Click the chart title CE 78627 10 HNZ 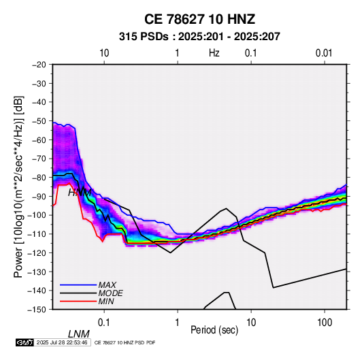(x=199, y=19)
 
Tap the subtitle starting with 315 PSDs (x=199, y=37)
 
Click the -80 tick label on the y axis (x=39, y=178)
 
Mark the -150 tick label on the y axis (x=37, y=310)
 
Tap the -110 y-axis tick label (x=37, y=234)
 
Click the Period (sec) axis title (x=214, y=330)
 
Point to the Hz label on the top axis (x=214, y=53)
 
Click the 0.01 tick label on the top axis (x=324, y=53)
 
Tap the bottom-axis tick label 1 (x=178, y=323)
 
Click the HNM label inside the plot (x=80, y=193)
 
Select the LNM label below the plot (x=79, y=334)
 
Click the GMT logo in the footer (x=24, y=342)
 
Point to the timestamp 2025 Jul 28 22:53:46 (x=62, y=342)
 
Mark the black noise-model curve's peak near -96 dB (x=227, y=208)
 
